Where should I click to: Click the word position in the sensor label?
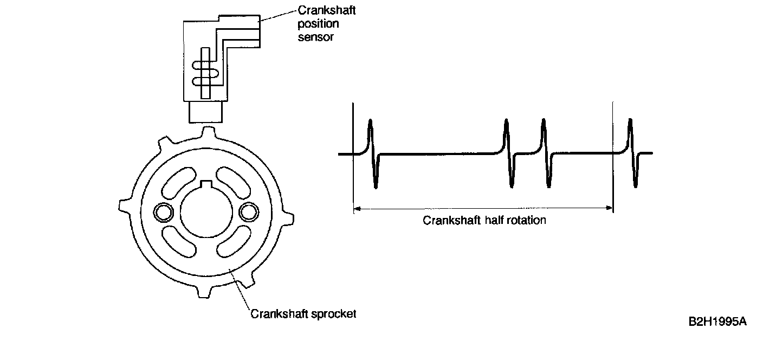click(x=319, y=24)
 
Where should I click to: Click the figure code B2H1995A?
click(x=717, y=322)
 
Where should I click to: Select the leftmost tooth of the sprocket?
click(x=124, y=205)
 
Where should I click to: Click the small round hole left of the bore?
click(x=161, y=213)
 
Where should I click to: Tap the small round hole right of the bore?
click(x=249, y=212)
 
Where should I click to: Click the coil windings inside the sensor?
click(x=204, y=72)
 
